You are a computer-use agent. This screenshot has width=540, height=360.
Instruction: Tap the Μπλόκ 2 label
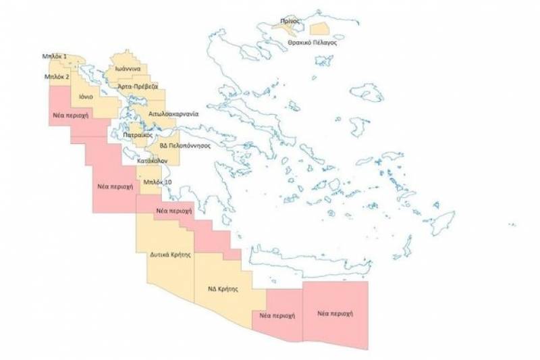tap(57, 77)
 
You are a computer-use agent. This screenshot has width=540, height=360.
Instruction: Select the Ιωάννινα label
tap(127, 70)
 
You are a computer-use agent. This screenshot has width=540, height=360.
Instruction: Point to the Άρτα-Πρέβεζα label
tap(138, 87)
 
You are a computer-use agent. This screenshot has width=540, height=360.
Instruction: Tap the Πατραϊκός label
tap(136, 136)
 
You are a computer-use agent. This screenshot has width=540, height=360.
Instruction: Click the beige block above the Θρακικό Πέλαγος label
tap(318, 29)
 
